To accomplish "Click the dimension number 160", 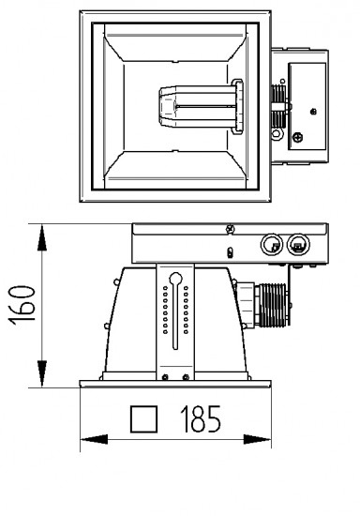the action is [x=22, y=306].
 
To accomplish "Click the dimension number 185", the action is [x=201, y=418].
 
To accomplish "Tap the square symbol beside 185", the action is [x=143, y=419].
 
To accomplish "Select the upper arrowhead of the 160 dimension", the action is [x=42, y=237].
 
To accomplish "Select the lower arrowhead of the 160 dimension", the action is [x=42, y=373].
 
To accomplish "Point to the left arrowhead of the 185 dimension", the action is [x=94, y=439].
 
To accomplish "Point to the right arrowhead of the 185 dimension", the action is [x=257, y=439].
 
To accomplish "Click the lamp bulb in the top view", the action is [x=197, y=107].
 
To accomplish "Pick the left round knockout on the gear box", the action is [x=272, y=245].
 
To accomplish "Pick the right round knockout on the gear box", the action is [x=298, y=245].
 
